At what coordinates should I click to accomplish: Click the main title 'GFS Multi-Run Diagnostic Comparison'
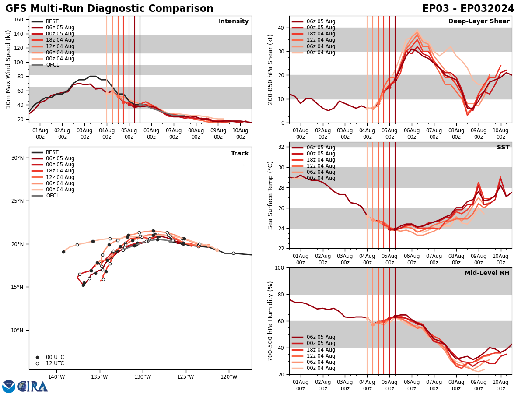click(x=109, y=9)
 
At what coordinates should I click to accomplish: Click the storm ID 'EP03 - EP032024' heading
click(x=468, y=9)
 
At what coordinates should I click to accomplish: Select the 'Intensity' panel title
click(x=234, y=21)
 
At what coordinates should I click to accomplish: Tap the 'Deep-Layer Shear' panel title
click(x=479, y=21)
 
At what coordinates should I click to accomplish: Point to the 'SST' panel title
click(x=503, y=148)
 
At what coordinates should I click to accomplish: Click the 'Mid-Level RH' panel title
click(x=487, y=273)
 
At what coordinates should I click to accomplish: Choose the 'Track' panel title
click(x=240, y=154)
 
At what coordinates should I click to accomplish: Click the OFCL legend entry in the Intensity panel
click(x=53, y=65)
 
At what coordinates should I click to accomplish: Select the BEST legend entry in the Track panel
click(x=52, y=152)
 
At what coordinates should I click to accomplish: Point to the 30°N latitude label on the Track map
click(x=17, y=158)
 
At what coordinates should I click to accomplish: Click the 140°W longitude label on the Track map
click(x=56, y=376)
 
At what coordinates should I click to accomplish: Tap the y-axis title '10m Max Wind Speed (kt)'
click(x=8, y=69)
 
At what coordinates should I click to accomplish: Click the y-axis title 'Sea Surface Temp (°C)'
click(x=270, y=195)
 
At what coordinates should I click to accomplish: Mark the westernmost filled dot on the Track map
click(x=63, y=252)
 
